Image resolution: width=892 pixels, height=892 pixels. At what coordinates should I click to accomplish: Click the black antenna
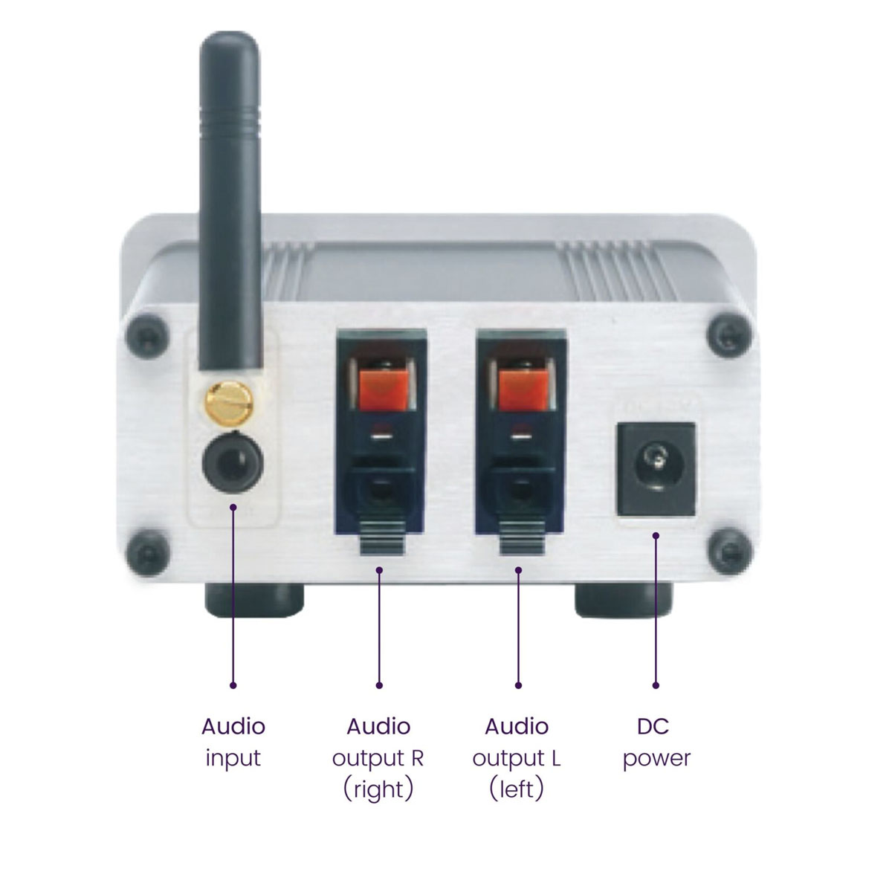[230, 199]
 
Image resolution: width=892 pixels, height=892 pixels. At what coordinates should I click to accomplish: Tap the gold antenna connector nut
[229, 402]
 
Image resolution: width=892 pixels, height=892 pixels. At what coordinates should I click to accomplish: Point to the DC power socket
[656, 469]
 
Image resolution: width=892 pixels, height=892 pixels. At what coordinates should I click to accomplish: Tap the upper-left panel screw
[147, 336]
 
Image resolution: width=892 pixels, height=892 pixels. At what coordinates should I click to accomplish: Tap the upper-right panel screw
[730, 335]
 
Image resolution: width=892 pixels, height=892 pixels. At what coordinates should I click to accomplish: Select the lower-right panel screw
[730, 552]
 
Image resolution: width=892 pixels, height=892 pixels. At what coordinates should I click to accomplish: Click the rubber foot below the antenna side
[254, 601]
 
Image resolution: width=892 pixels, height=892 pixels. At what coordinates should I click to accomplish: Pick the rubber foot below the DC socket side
[623, 601]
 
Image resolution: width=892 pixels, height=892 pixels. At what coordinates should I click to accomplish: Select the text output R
[378, 759]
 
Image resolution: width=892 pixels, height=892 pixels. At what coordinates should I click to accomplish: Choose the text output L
[517, 759]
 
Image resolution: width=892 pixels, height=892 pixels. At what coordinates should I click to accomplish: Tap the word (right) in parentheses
[378, 789]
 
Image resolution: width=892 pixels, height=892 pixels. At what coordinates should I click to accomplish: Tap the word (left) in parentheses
[516, 789]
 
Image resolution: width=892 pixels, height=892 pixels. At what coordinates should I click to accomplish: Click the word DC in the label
[653, 726]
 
